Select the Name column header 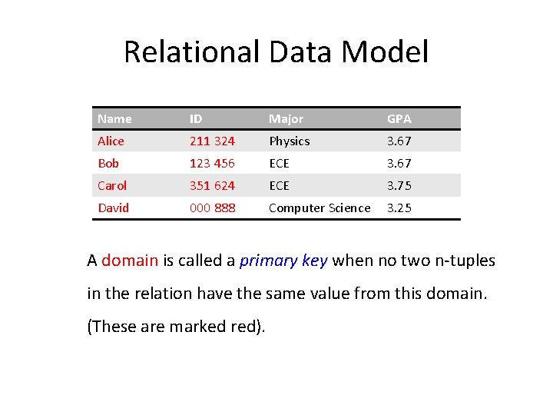click(114, 119)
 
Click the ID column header click(196, 119)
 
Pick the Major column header click(286, 119)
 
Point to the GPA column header click(399, 119)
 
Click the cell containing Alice click(111, 141)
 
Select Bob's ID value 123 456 click(212, 164)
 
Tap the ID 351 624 click(212, 185)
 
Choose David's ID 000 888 click(212, 207)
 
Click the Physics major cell click(289, 141)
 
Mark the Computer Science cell click(320, 207)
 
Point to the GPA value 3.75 click(399, 185)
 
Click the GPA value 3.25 click(399, 207)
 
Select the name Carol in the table click(112, 185)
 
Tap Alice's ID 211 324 click(212, 141)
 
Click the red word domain click(130, 261)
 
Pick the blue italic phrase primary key click(283, 261)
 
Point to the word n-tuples click(464, 261)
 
